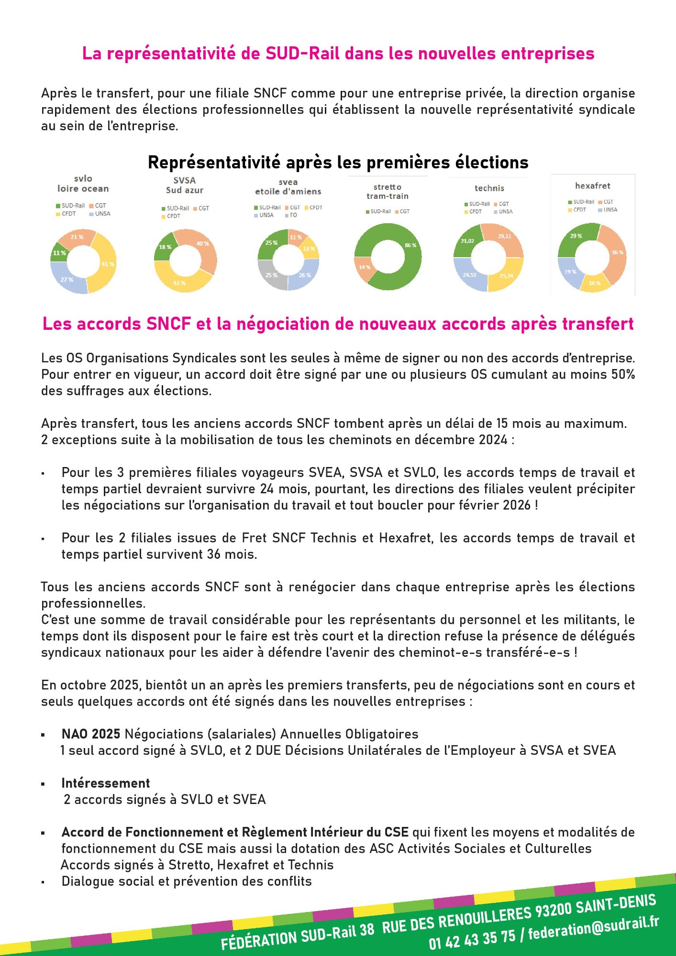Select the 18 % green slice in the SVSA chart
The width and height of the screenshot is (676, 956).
165,247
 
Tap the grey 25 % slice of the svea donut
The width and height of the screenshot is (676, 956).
271,275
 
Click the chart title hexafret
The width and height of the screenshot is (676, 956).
592,185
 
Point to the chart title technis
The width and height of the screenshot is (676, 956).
489,188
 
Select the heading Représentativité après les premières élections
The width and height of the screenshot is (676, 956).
338,163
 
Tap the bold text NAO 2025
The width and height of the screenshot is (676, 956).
91,734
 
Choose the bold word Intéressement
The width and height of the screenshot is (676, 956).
106,783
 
